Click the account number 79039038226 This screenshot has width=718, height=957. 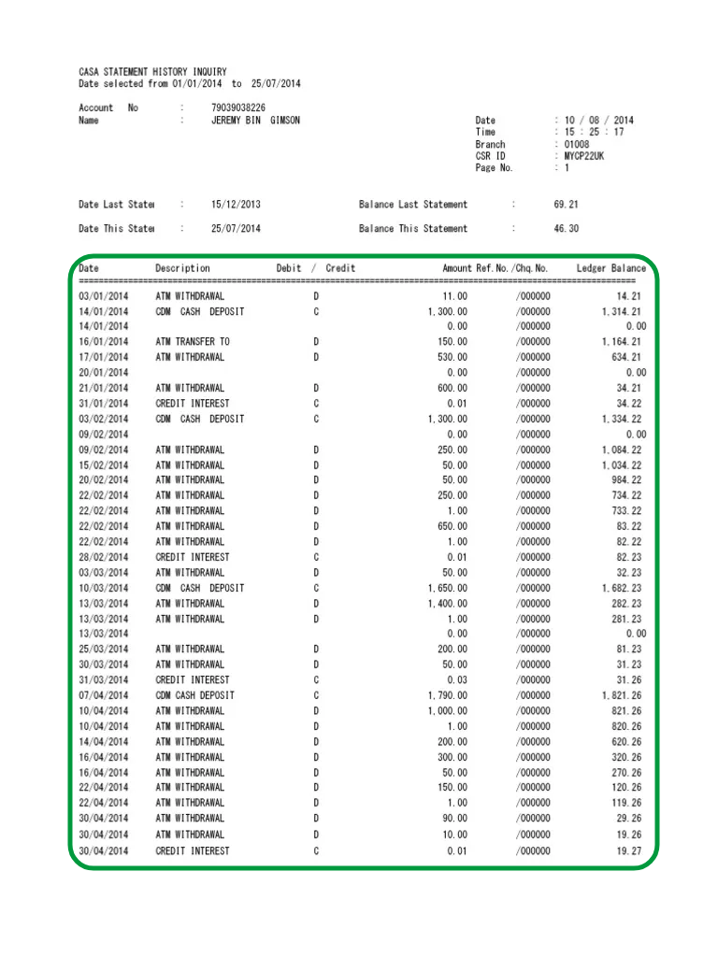click(x=238, y=107)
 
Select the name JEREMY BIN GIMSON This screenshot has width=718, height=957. click(x=255, y=121)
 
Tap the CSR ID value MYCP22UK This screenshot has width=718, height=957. click(x=584, y=156)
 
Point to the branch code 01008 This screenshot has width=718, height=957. click(x=577, y=145)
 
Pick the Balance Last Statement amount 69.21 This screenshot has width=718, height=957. click(x=567, y=205)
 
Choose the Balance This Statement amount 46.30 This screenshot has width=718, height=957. click(x=567, y=229)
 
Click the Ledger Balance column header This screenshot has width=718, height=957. click(x=610, y=268)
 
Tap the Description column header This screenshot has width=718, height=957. click(x=182, y=268)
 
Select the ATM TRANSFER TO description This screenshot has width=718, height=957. click(x=193, y=342)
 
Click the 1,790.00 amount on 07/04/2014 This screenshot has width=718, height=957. click(x=448, y=695)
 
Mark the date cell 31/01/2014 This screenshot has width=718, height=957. click(x=104, y=404)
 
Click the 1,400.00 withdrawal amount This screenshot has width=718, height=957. click(x=448, y=604)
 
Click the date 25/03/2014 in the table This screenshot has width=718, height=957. click(x=104, y=650)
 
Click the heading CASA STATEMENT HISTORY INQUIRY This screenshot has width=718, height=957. click(x=152, y=72)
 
